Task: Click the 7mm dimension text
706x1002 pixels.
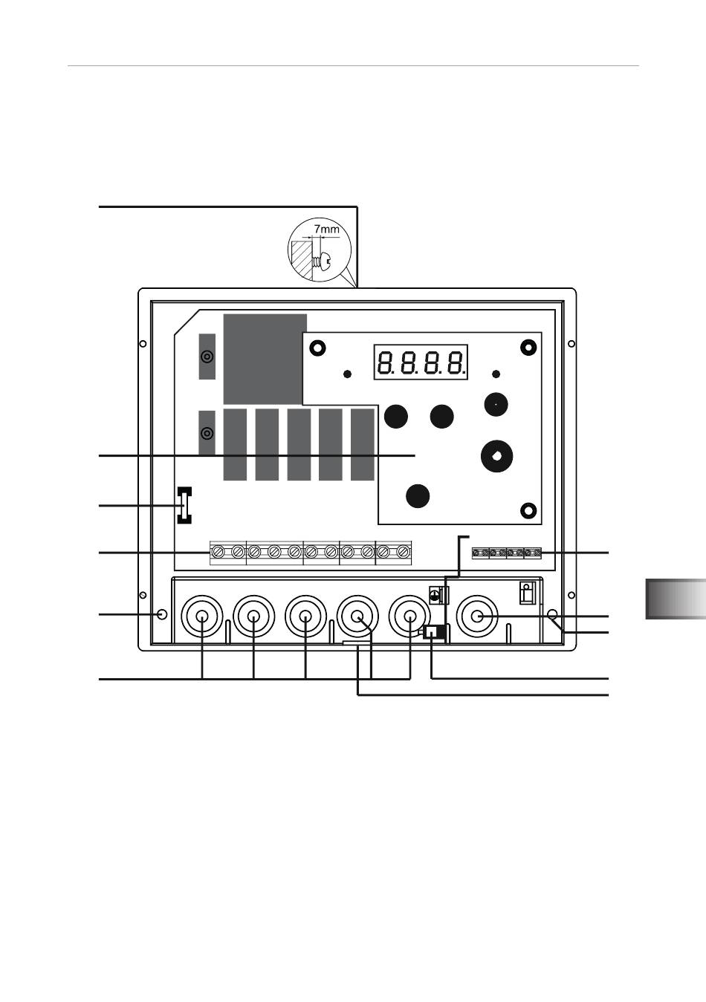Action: click(326, 230)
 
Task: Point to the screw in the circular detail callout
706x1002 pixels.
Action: click(323, 260)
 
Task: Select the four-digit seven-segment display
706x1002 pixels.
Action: click(421, 362)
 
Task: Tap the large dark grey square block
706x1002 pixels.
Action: click(265, 359)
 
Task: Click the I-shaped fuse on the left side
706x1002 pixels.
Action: click(184, 505)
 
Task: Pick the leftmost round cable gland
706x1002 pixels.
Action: click(202, 616)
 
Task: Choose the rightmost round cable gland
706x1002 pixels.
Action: click(477, 616)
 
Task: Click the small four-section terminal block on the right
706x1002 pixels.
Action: click(506, 553)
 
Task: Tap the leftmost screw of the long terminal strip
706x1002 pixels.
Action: click(219, 552)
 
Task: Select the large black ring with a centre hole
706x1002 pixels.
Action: click(496, 456)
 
